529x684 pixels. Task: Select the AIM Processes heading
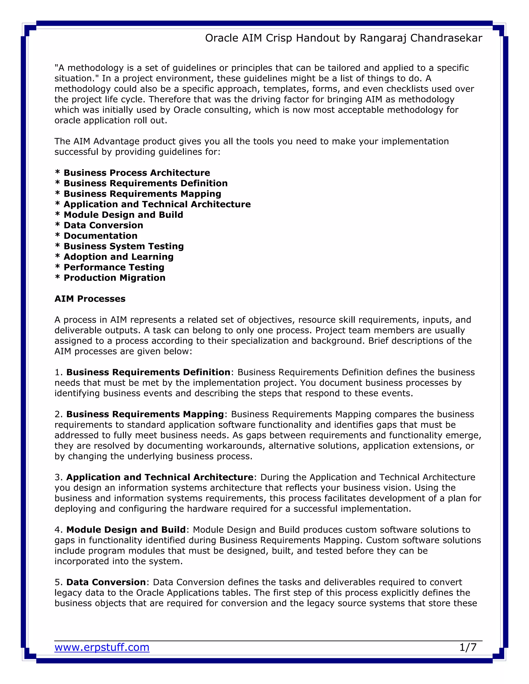[x=90, y=299]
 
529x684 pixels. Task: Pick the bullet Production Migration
[x=114, y=278]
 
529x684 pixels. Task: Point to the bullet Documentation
[x=100, y=236]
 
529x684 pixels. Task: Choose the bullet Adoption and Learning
[x=119, y=257]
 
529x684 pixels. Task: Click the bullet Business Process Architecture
[x=137, y=173]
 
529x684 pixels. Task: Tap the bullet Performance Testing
[x=114, y=267]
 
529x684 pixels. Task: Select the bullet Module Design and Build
[x=123, y=215]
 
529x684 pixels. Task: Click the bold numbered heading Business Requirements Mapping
[x=145, y=414]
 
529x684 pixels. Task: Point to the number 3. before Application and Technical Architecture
[x=59, y=477]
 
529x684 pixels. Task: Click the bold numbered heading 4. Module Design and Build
[x=126, y=530]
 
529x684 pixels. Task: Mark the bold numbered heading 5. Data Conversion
[x=106, y=582]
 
